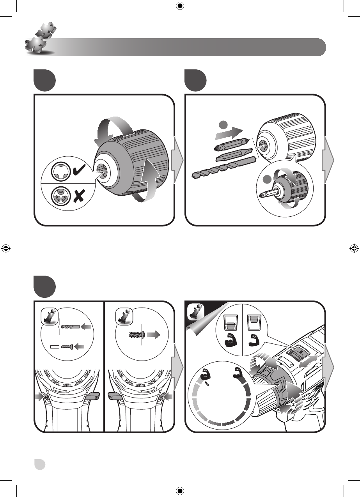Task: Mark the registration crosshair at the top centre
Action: [x=180, y=6]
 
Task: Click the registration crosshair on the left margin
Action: [x=6, y=248]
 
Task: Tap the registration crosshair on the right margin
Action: [x=354, y=248]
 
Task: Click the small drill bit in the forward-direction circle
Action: [x=70, y=325]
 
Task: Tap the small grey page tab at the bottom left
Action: [x=39, y=464]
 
